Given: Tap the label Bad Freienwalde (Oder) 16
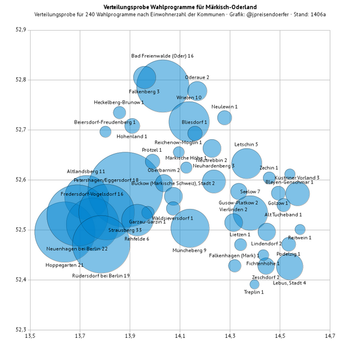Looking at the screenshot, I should [x=162, y=56].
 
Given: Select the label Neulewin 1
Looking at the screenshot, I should [x=224, y=107].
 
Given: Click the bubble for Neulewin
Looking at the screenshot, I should [x=224, y=118].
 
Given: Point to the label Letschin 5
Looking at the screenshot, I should [x=246, y=145].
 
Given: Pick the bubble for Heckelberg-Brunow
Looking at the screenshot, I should [x=119, y=112].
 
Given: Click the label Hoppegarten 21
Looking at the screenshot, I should [x=64, y=265].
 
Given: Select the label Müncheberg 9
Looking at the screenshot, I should [x=189, y=250].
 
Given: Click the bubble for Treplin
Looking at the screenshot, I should [x=254, y=284].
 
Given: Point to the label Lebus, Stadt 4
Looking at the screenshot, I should [x=289, y=283].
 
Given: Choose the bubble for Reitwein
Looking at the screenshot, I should [x=300, y=229].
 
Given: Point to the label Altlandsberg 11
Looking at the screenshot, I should [x=86, y=172].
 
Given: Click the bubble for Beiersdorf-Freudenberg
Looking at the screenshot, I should [x=106, y=132].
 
